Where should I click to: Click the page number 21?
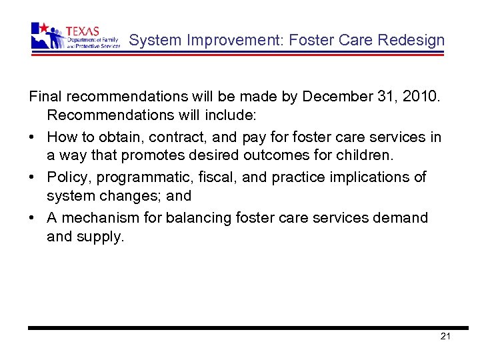click(446, 336)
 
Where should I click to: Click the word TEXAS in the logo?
click(82, 31)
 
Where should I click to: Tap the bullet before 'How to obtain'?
click(32, 137)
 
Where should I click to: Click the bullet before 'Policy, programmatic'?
click(32, 177)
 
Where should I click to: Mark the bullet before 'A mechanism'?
click(32, 217)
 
